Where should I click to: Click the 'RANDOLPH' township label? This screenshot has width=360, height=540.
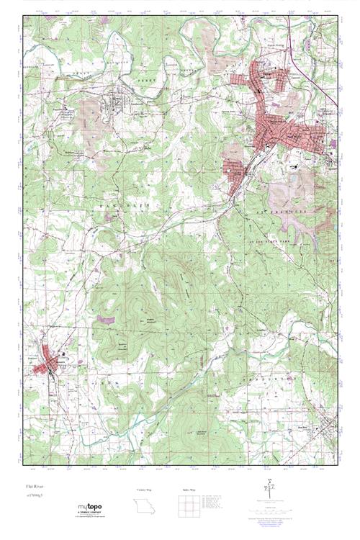tap(127, 204)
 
